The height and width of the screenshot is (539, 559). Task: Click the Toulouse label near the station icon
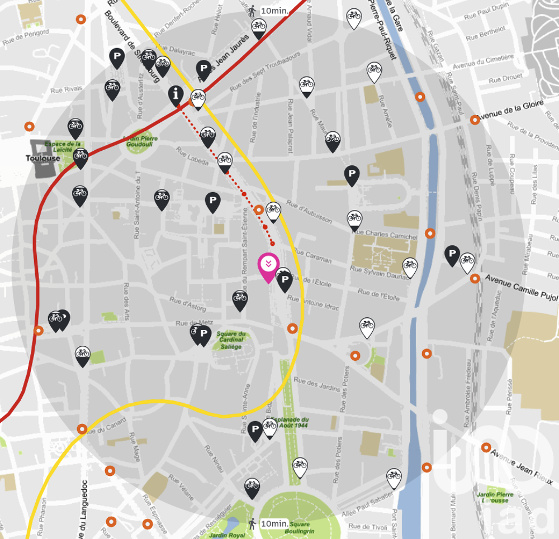coord(42,158)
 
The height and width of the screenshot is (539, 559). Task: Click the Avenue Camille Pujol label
coord(521,287)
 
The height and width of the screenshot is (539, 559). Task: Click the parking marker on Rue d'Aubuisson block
coord(352,175)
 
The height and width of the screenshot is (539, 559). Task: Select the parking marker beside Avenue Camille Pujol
coord(452,254)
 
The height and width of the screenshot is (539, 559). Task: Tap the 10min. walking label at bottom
coord(274,523)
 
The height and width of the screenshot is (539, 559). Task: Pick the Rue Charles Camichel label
coord(385,234)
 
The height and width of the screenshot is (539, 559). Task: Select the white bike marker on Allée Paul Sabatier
coord(394,477)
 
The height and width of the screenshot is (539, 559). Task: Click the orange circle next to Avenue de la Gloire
coord(475,120)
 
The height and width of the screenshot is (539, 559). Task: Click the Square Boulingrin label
coord(300,527)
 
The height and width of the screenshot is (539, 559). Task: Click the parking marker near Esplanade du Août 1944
coord(255,430)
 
